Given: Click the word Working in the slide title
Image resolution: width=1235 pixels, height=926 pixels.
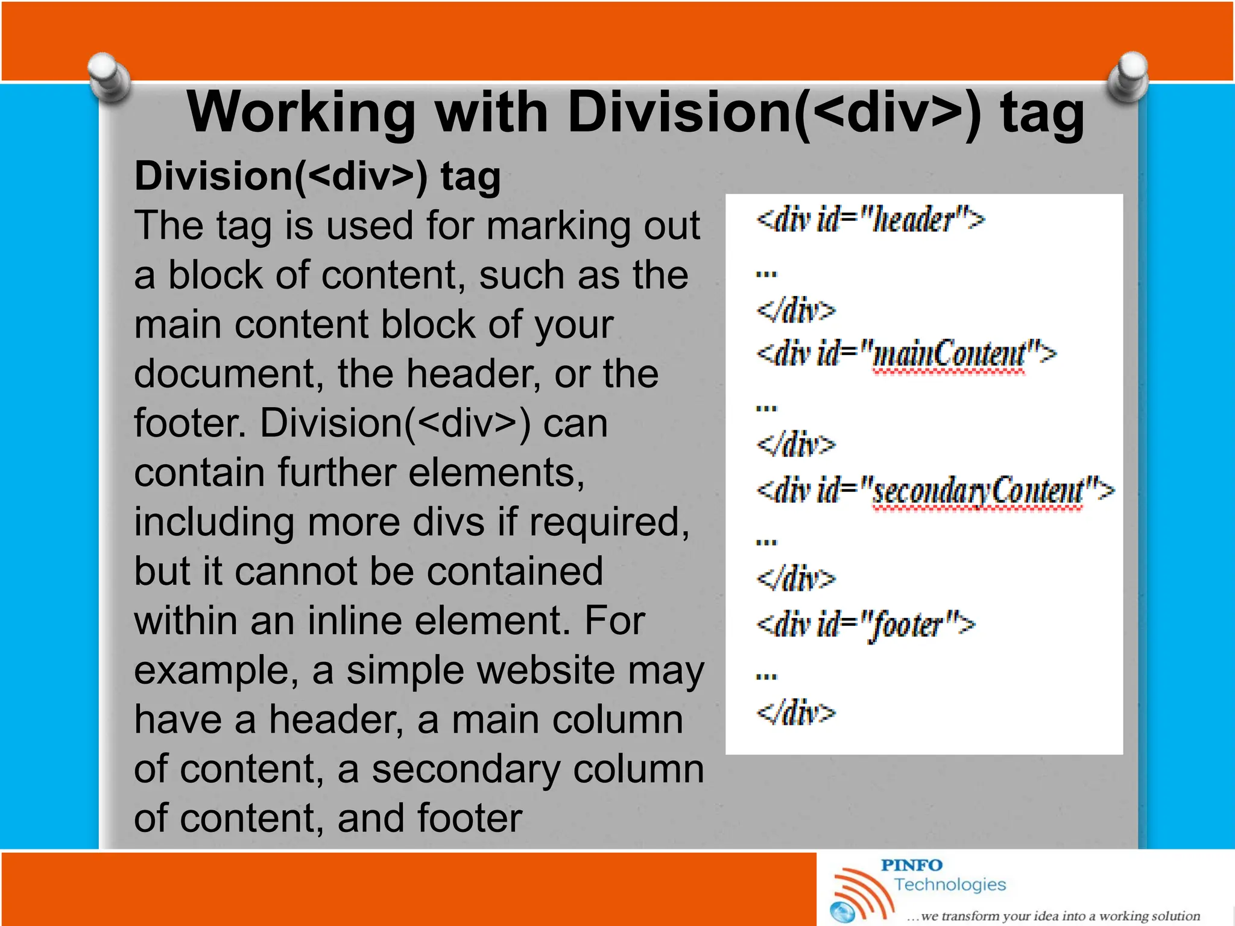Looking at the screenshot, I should pos(302,113).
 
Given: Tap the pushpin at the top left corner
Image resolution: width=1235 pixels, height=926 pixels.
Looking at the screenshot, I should pos(109,77).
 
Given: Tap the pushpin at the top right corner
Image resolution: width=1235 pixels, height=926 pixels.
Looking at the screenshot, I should pos(1128,77).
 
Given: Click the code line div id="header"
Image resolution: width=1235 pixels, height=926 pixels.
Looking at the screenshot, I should pos(870,219).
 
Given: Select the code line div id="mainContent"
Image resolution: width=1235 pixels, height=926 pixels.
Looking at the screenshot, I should pos(906,354).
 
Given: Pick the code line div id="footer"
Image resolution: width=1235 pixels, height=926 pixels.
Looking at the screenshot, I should pos(865,625).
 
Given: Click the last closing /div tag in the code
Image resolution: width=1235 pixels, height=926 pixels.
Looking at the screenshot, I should pos(796,713).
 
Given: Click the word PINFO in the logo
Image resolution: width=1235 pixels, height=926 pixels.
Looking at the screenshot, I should pos(911,865).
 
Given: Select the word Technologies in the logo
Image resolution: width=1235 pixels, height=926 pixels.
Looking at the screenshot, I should pos(950,884).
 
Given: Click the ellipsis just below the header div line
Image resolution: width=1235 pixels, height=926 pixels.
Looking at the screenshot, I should pos(766,274).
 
